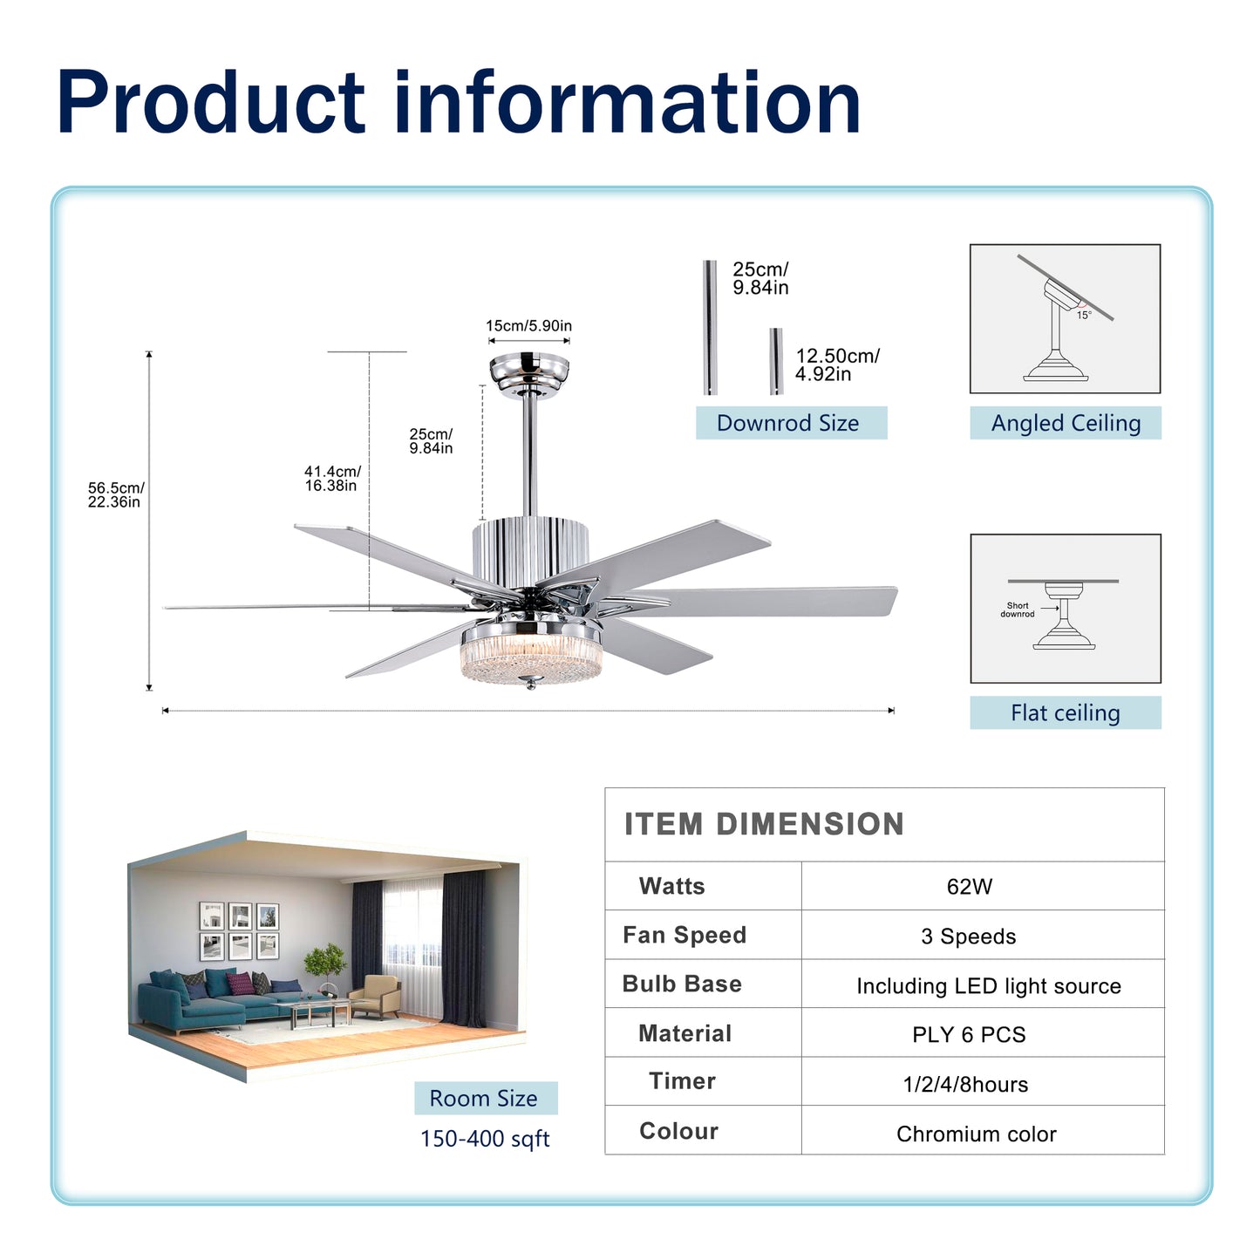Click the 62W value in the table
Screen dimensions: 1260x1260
(x=969, y=887)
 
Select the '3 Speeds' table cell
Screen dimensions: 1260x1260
(x=968, y=936)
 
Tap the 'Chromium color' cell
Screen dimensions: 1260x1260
(x=976, y=1134)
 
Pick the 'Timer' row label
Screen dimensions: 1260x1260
(x=682, y=1081)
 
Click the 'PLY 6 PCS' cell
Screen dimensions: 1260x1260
(x=969, y=1035)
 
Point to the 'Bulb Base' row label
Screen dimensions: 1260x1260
(x=682, y=984)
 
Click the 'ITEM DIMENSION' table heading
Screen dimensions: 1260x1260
(x=764, y=824)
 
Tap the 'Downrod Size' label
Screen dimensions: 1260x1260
(x=788, y=423)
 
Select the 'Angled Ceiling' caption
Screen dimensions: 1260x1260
(x=1066, y=423)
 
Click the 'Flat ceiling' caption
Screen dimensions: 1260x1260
(x=1065, y=712)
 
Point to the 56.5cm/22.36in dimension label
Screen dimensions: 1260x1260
(x=115, y=494)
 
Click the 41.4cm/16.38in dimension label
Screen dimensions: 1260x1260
(x=331, y=479)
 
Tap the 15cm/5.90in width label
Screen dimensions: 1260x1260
(x=528, y=326)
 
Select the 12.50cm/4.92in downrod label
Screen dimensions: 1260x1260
(x=836, y=364)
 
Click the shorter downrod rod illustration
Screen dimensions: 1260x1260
(x=776, y=361)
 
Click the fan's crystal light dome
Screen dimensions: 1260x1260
(x=531, y=659)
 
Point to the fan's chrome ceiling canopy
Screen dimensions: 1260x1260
(x=529, y=374)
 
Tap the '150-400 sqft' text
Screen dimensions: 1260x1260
(x=485, y=1139)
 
